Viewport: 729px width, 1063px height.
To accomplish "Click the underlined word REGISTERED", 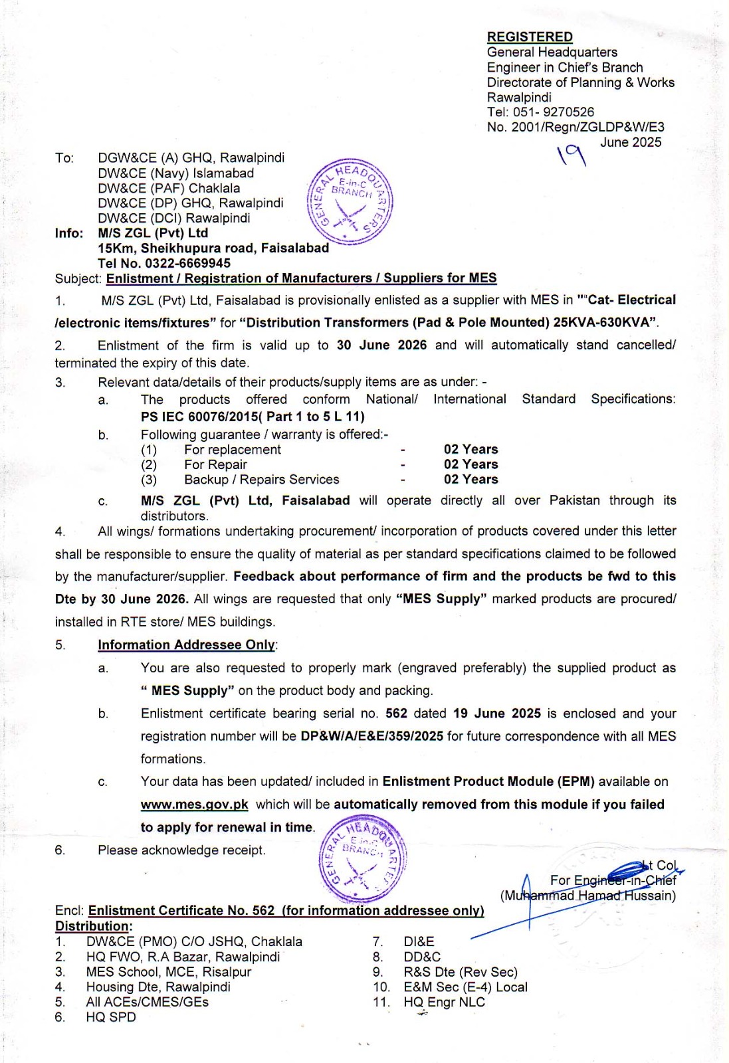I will pyautogui.click(x=530, y=37).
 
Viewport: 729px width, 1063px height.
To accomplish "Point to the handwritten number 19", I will pyautogui.click(x=572, y=155).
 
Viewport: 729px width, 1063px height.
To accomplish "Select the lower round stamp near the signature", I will pyautogui.click(x=363, y=860).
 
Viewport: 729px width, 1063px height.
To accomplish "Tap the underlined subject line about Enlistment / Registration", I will pyautogui.click(x=301, y=278).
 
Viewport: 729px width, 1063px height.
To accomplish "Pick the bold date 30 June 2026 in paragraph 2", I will pyautogui.click(x=381, y=345).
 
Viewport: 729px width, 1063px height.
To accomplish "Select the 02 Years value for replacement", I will pyautogui.click(x=470, y=450).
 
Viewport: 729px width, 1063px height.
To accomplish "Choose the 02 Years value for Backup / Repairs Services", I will pyautogui.click(x=470, y=480).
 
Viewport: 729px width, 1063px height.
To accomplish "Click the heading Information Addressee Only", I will pyautogui.click(x=186, y=645).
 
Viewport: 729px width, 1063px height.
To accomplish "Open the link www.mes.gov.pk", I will pyautogui.click(x=194, y=805).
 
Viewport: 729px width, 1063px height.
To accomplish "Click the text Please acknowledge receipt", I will pyautogui.click(x=181, y=850).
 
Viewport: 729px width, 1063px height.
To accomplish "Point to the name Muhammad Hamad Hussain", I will pyautogui.click(x=588, y=896).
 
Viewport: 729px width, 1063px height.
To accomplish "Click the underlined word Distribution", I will pyautogui.click(x=92, y=926).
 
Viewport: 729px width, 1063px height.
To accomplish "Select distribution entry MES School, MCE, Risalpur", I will pyautogui.click(x=169, y=972).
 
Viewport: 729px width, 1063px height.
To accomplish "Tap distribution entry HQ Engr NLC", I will pyautogui.click(x=444, y=1003).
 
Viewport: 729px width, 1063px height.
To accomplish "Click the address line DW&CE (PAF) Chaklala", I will pyautogui.click(x=169, y=188).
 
